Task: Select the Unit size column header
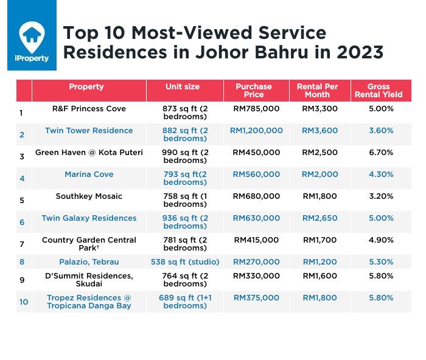click(x=183, y=87)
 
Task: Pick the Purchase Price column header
click(x=254, y=91)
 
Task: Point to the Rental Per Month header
click(x=317, y=91)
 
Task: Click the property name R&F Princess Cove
click(x=89, y=109)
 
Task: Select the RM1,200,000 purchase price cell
click(x=256, y=131)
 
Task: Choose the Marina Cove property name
click(x=89, y=175)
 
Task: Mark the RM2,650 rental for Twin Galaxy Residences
click(x=319, y=218)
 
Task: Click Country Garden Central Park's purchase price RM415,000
click(x=256, y=240)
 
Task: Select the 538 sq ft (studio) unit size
click(x=184, y=262)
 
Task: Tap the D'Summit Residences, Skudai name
click(x=89, y=280)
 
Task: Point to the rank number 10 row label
click(x=23, y=302)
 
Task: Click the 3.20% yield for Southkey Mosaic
click(x=381, y=196)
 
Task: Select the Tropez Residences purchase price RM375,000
click(x=256, y=298)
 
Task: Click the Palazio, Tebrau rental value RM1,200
click(x=319, y=262)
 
